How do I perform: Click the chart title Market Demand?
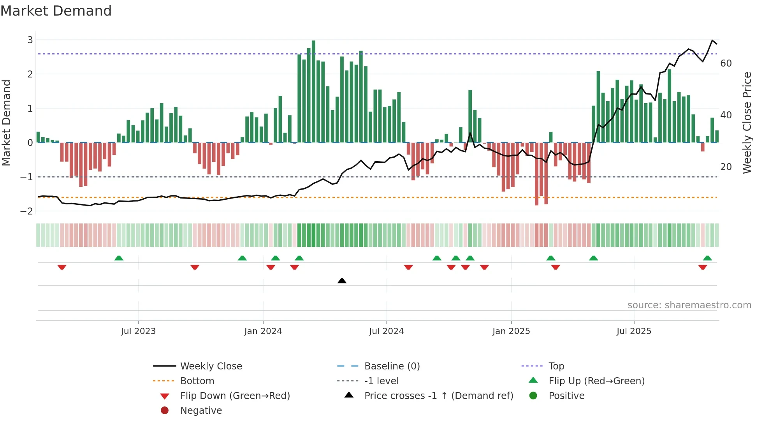pos(56,11)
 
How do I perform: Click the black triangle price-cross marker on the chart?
pos(342,281)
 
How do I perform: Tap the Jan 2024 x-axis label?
pos(263,331)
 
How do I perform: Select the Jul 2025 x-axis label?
pos(634,331)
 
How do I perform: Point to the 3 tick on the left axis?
pos(30,40)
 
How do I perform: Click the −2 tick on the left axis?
pos(27,211)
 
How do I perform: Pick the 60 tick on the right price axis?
pos(726,63)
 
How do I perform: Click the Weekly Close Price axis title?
pos(747,123)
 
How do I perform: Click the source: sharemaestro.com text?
pos(689,305)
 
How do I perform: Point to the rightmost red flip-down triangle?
pos(703,267)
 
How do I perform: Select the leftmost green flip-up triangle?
pos(119,258)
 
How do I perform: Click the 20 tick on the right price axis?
pos(726,167)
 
